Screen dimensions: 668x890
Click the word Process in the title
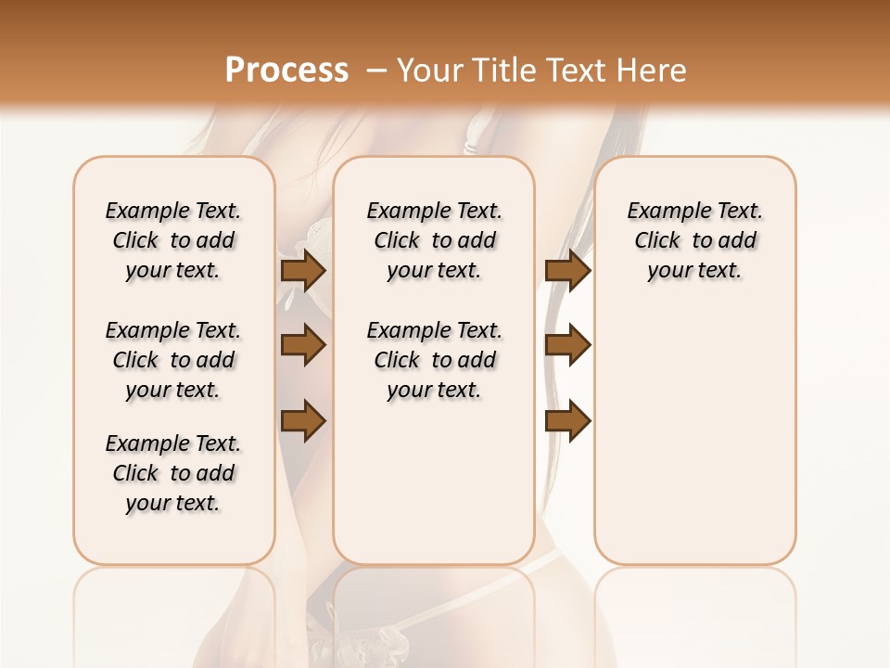pos(286,71)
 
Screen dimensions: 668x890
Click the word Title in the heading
pos(502,71)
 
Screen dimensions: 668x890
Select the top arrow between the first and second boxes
pos(303,270)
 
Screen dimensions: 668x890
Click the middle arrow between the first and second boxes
pos(303,345)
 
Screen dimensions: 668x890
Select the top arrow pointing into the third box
pos(568,270)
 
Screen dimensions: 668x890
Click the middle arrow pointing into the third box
pos(568,345)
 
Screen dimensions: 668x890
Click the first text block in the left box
pos(173,240)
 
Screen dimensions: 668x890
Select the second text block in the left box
pos(173,360)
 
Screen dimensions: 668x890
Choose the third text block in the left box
pos(173,473)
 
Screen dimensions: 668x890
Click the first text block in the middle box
pos(434,240)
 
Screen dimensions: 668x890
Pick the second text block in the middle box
pos(434,360)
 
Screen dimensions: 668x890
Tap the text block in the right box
pos(695,240)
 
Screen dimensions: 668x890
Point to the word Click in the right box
pos(657,241)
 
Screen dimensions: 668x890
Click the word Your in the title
pos(428,71)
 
